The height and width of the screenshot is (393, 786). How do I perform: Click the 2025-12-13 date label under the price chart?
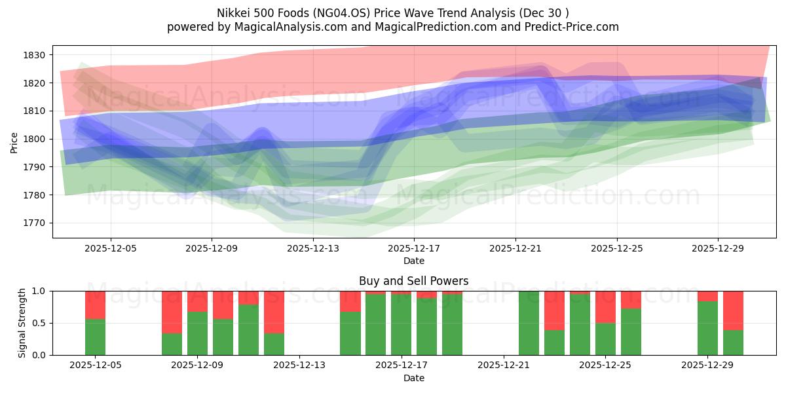[313, 248]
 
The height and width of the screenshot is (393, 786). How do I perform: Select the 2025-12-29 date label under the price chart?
[718, 248]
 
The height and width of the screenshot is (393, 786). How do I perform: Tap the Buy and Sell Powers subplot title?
[413, 281]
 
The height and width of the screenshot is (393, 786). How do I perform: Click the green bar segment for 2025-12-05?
[95, 337]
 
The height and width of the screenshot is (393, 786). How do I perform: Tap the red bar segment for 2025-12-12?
[274, 312]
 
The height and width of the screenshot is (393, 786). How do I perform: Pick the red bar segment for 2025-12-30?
[733, 310]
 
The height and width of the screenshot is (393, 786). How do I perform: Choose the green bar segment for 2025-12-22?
[529, 323]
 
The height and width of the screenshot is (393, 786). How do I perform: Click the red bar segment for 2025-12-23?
[554, 310]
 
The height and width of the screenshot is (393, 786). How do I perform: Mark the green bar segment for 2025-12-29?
[707, 328]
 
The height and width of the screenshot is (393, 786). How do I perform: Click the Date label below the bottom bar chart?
[413, 378]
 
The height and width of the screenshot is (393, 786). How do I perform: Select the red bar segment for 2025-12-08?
[172, 312]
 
